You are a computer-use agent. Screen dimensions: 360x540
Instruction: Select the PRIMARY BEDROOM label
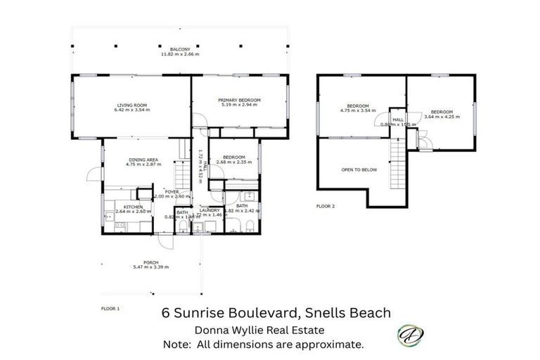(239, 101)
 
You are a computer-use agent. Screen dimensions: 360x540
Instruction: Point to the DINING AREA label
(142, 160)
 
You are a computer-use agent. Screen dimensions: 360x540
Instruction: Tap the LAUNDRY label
(210, 210)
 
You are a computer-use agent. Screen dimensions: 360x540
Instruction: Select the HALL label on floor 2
(398, 120)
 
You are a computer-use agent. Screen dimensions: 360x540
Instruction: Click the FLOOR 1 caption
(110, 309)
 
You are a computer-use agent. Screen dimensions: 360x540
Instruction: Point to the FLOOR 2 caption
(326, 207)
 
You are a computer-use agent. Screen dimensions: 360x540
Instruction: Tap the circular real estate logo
(408, 334)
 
